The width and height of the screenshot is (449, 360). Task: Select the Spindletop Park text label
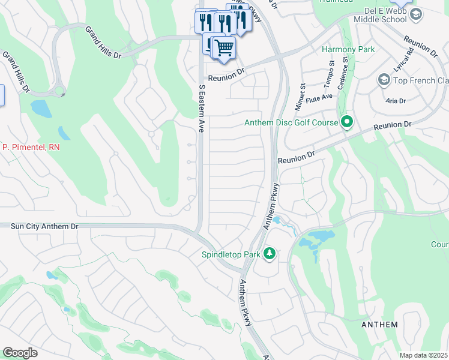(231, 254)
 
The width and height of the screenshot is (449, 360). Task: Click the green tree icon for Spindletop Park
(270, 254)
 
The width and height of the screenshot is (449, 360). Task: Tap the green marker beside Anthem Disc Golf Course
(346, 123)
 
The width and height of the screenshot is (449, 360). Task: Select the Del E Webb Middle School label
(393, 16)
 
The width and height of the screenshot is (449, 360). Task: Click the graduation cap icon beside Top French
(384, 80)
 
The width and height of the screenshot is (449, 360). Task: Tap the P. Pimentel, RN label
(31, 147)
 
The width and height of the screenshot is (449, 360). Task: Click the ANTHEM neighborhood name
(379, 325)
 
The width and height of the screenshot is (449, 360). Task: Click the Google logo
(20, 353)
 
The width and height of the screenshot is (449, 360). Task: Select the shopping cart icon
(224, 47)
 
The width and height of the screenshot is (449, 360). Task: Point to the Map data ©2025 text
(423, 355)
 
